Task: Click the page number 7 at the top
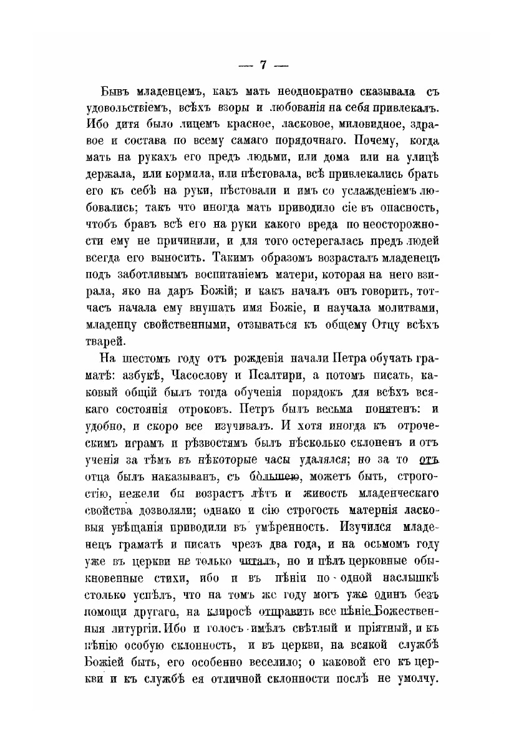(x=263, y=64)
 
